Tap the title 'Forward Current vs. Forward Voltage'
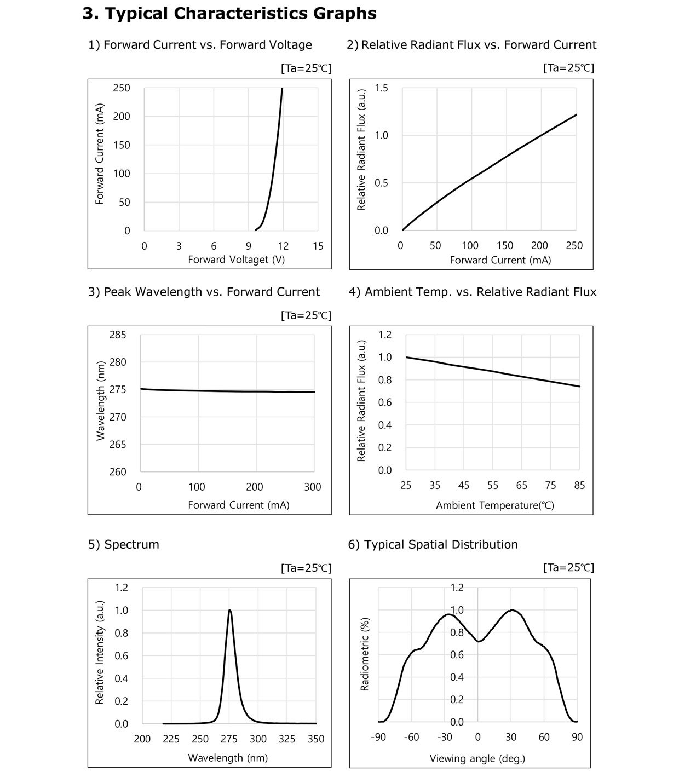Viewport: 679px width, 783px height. tap(208, 45)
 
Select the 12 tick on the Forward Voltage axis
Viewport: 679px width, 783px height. tap(283, 246)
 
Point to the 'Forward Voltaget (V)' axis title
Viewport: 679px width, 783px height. tap(237, 260)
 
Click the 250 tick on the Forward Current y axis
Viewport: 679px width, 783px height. tap(121, 88)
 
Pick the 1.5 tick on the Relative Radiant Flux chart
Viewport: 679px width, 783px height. tap(382, 88)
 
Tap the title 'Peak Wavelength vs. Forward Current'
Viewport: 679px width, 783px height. tap(212, 292)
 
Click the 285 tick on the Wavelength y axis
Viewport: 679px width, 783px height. tap(118, 335)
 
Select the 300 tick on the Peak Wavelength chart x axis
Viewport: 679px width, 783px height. tap(313, 487)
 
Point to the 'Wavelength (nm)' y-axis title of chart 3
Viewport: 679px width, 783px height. tap(100, 401)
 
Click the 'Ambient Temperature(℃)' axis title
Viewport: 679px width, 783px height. tap(495, 505)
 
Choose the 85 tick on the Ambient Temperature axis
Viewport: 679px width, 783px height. tap(579, 485)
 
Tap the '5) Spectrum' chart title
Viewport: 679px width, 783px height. tap(124, 544)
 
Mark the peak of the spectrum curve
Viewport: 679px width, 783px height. tap(229, 610)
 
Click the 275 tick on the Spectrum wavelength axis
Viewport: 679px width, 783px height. tap(229, 739)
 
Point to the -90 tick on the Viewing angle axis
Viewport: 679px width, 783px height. tap(378, 737)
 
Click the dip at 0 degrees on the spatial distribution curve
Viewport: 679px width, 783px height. tap(479, 641)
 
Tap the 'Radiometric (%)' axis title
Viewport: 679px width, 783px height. tap(364, 654)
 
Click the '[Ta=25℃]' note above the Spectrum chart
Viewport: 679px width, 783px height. tap(306, 568)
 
